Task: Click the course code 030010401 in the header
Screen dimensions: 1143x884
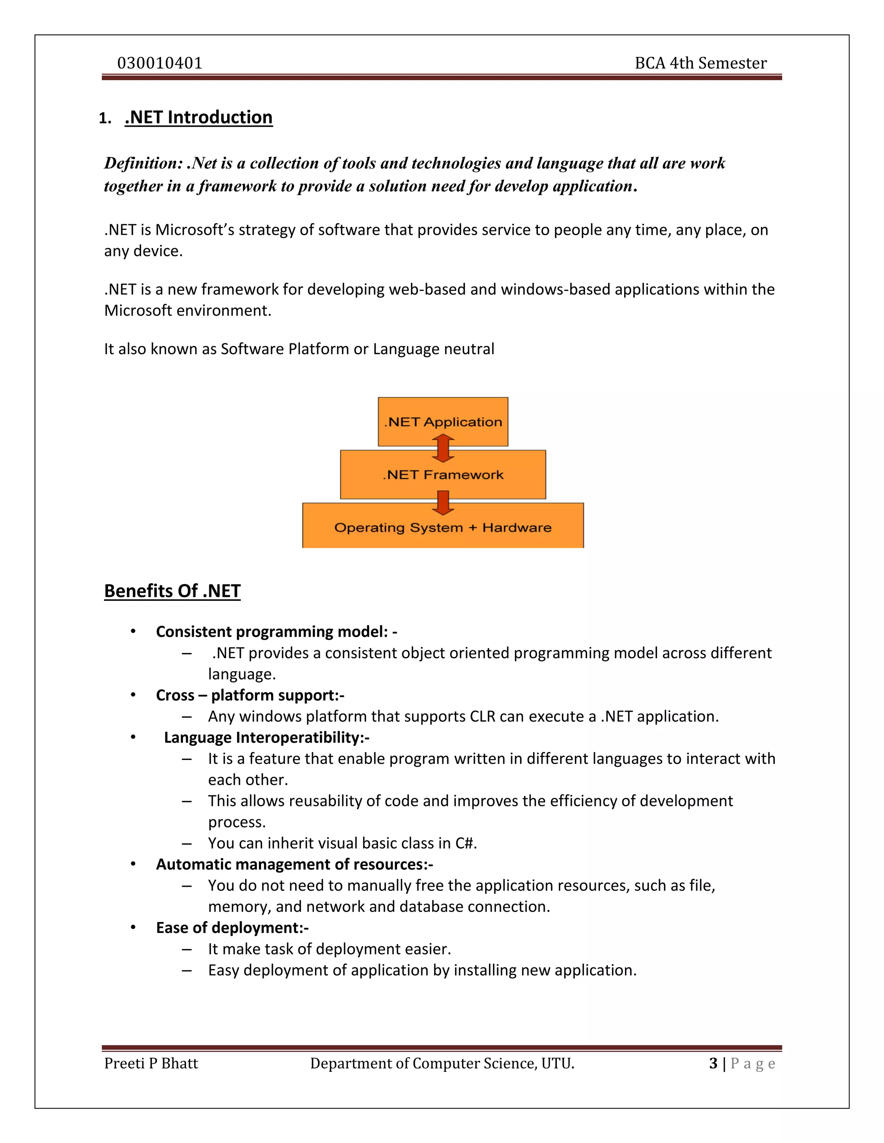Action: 160,63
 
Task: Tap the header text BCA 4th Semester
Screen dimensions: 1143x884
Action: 700,63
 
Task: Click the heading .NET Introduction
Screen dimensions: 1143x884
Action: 199,117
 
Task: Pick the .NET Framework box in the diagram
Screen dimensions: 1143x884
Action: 442,475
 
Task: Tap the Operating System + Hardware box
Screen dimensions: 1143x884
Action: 442,528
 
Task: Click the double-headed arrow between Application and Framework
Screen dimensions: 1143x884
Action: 443,449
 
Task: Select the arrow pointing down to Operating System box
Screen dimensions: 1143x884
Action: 443,502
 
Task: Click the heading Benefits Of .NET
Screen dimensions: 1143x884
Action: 172,591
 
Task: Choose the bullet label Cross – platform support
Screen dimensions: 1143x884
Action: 250,695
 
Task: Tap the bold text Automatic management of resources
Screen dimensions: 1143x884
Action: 294,864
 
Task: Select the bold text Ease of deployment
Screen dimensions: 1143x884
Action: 232,927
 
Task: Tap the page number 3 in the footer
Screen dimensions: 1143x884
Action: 713,1064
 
